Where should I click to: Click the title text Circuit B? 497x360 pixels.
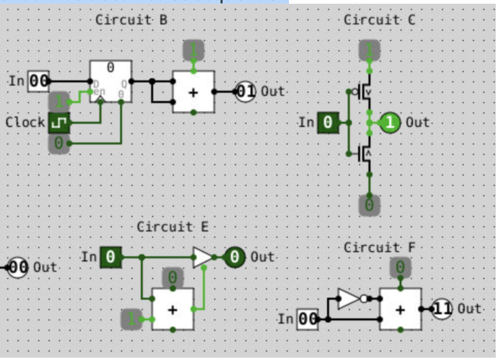tap(131, 20)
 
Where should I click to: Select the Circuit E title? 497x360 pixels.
tap(173, 226)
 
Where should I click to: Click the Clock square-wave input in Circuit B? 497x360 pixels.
tap(59, 123)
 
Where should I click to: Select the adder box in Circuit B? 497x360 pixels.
tap(193, 92)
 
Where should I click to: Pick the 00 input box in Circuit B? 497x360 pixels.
tap(39, 82)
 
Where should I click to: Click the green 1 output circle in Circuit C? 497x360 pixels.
tap(390, 123)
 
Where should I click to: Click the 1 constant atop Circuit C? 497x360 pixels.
tap(369, 49)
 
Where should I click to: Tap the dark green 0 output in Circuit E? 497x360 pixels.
tap(235, 257)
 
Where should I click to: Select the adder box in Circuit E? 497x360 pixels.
tap(173, 309)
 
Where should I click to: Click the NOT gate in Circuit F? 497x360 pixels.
tap(349, 298)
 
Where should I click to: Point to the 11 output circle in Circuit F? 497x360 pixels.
tap(442, 308)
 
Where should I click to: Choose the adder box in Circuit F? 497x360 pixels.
tap(400, 309)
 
